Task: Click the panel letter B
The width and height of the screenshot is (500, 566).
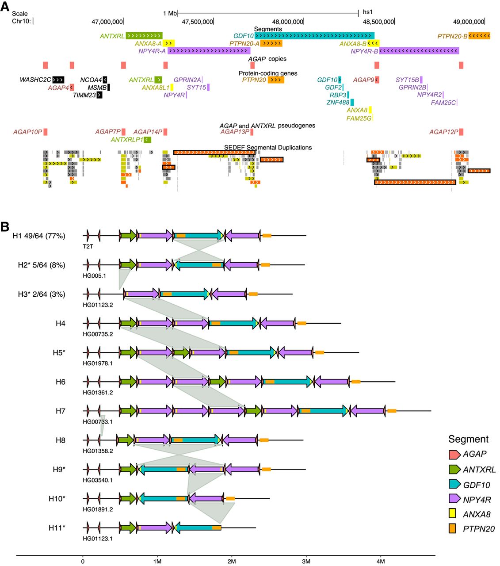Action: click(5, 227)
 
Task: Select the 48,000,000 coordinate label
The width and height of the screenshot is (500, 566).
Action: click(288, 22)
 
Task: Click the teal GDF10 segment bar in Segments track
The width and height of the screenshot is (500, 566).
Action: click(314, 36)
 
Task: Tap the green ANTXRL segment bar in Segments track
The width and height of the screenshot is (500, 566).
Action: click(144, 36)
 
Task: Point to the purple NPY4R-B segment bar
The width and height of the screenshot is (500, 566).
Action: click(419, 51)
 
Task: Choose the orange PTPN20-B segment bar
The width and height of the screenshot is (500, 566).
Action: click(479, 36)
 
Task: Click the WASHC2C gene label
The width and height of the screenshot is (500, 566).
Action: click(35, 80)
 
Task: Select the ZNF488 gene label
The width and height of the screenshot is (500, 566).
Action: click(338, 103)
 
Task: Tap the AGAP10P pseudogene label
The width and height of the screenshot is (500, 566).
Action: click(27, 132)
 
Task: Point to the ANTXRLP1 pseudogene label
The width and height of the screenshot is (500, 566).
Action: click(127, 140)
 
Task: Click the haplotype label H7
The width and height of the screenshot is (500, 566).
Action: click(61, 411)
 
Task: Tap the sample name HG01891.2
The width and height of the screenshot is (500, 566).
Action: click(98, 509)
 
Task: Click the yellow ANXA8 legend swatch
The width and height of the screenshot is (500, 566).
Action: click(452, 514)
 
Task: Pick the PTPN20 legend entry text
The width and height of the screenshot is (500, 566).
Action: click(478, 529)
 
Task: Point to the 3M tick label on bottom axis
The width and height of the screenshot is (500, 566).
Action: click(306, 562)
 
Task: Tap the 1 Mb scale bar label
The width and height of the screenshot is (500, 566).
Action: click(170, 13)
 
